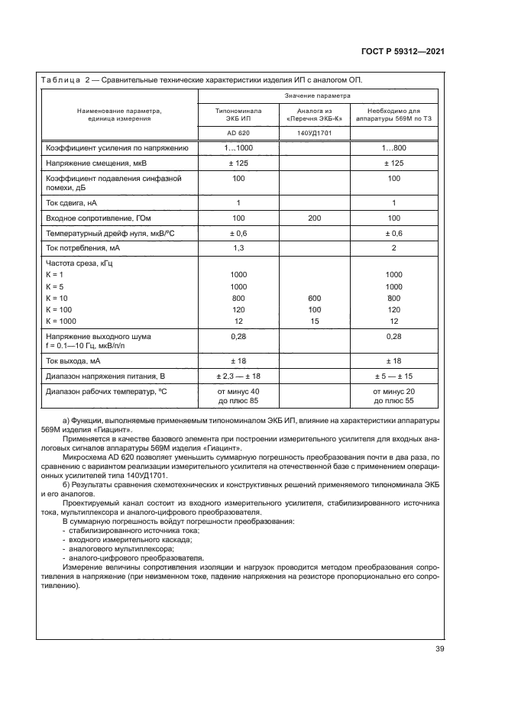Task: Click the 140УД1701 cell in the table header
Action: pos(315,133)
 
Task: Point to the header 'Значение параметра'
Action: pos(317,96)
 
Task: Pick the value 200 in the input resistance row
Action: pos(315,218)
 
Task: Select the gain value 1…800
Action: pos(393,147)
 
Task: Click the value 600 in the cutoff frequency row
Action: pos(315,298)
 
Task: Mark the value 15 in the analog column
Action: pos(315,321)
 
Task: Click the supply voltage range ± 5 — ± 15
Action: pos(393,376)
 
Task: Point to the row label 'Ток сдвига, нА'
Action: pos(73,203)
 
